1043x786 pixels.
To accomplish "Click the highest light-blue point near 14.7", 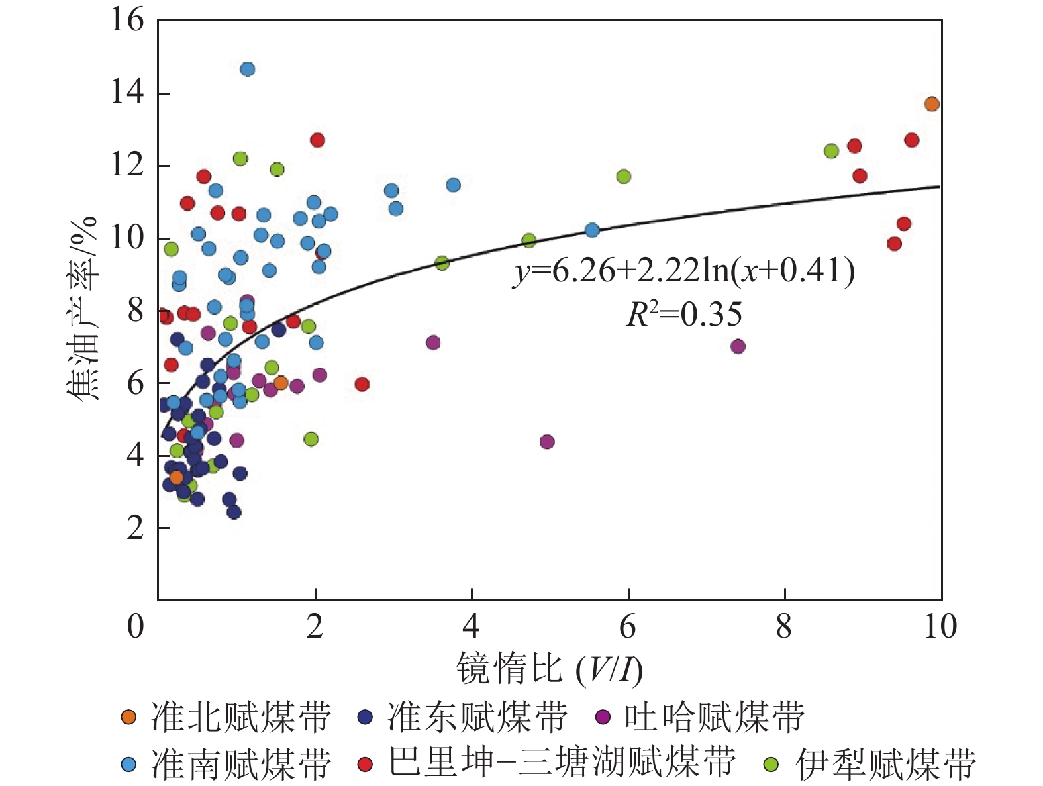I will click(x=248, y=69).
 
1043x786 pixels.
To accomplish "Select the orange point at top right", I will click(x=932, y=104).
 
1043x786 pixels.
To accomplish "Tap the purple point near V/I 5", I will click(x=547, y=442).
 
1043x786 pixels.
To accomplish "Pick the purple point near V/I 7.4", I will click(x=738, y=346).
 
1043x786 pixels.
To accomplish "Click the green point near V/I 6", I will click(x=624, y=176).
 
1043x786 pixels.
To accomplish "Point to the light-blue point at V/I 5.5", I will click(x=592, y=230).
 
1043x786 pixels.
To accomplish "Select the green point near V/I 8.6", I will click(x=831, y=151).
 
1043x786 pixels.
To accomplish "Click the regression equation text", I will click(x=684, y=271).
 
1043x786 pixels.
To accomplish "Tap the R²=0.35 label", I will click(x=684, y=315).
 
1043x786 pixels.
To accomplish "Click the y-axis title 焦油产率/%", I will click(x=83, y=308).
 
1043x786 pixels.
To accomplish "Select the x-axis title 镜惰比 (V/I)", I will click(x=549, y=669).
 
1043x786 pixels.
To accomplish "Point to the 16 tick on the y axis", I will click(x=127, y=21).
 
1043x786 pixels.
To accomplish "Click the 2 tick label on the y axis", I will click(x=135, y=528).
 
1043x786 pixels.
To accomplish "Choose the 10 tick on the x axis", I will click(x=940, y=626).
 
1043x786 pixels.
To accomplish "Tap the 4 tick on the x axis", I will click(x=471, y=626).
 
